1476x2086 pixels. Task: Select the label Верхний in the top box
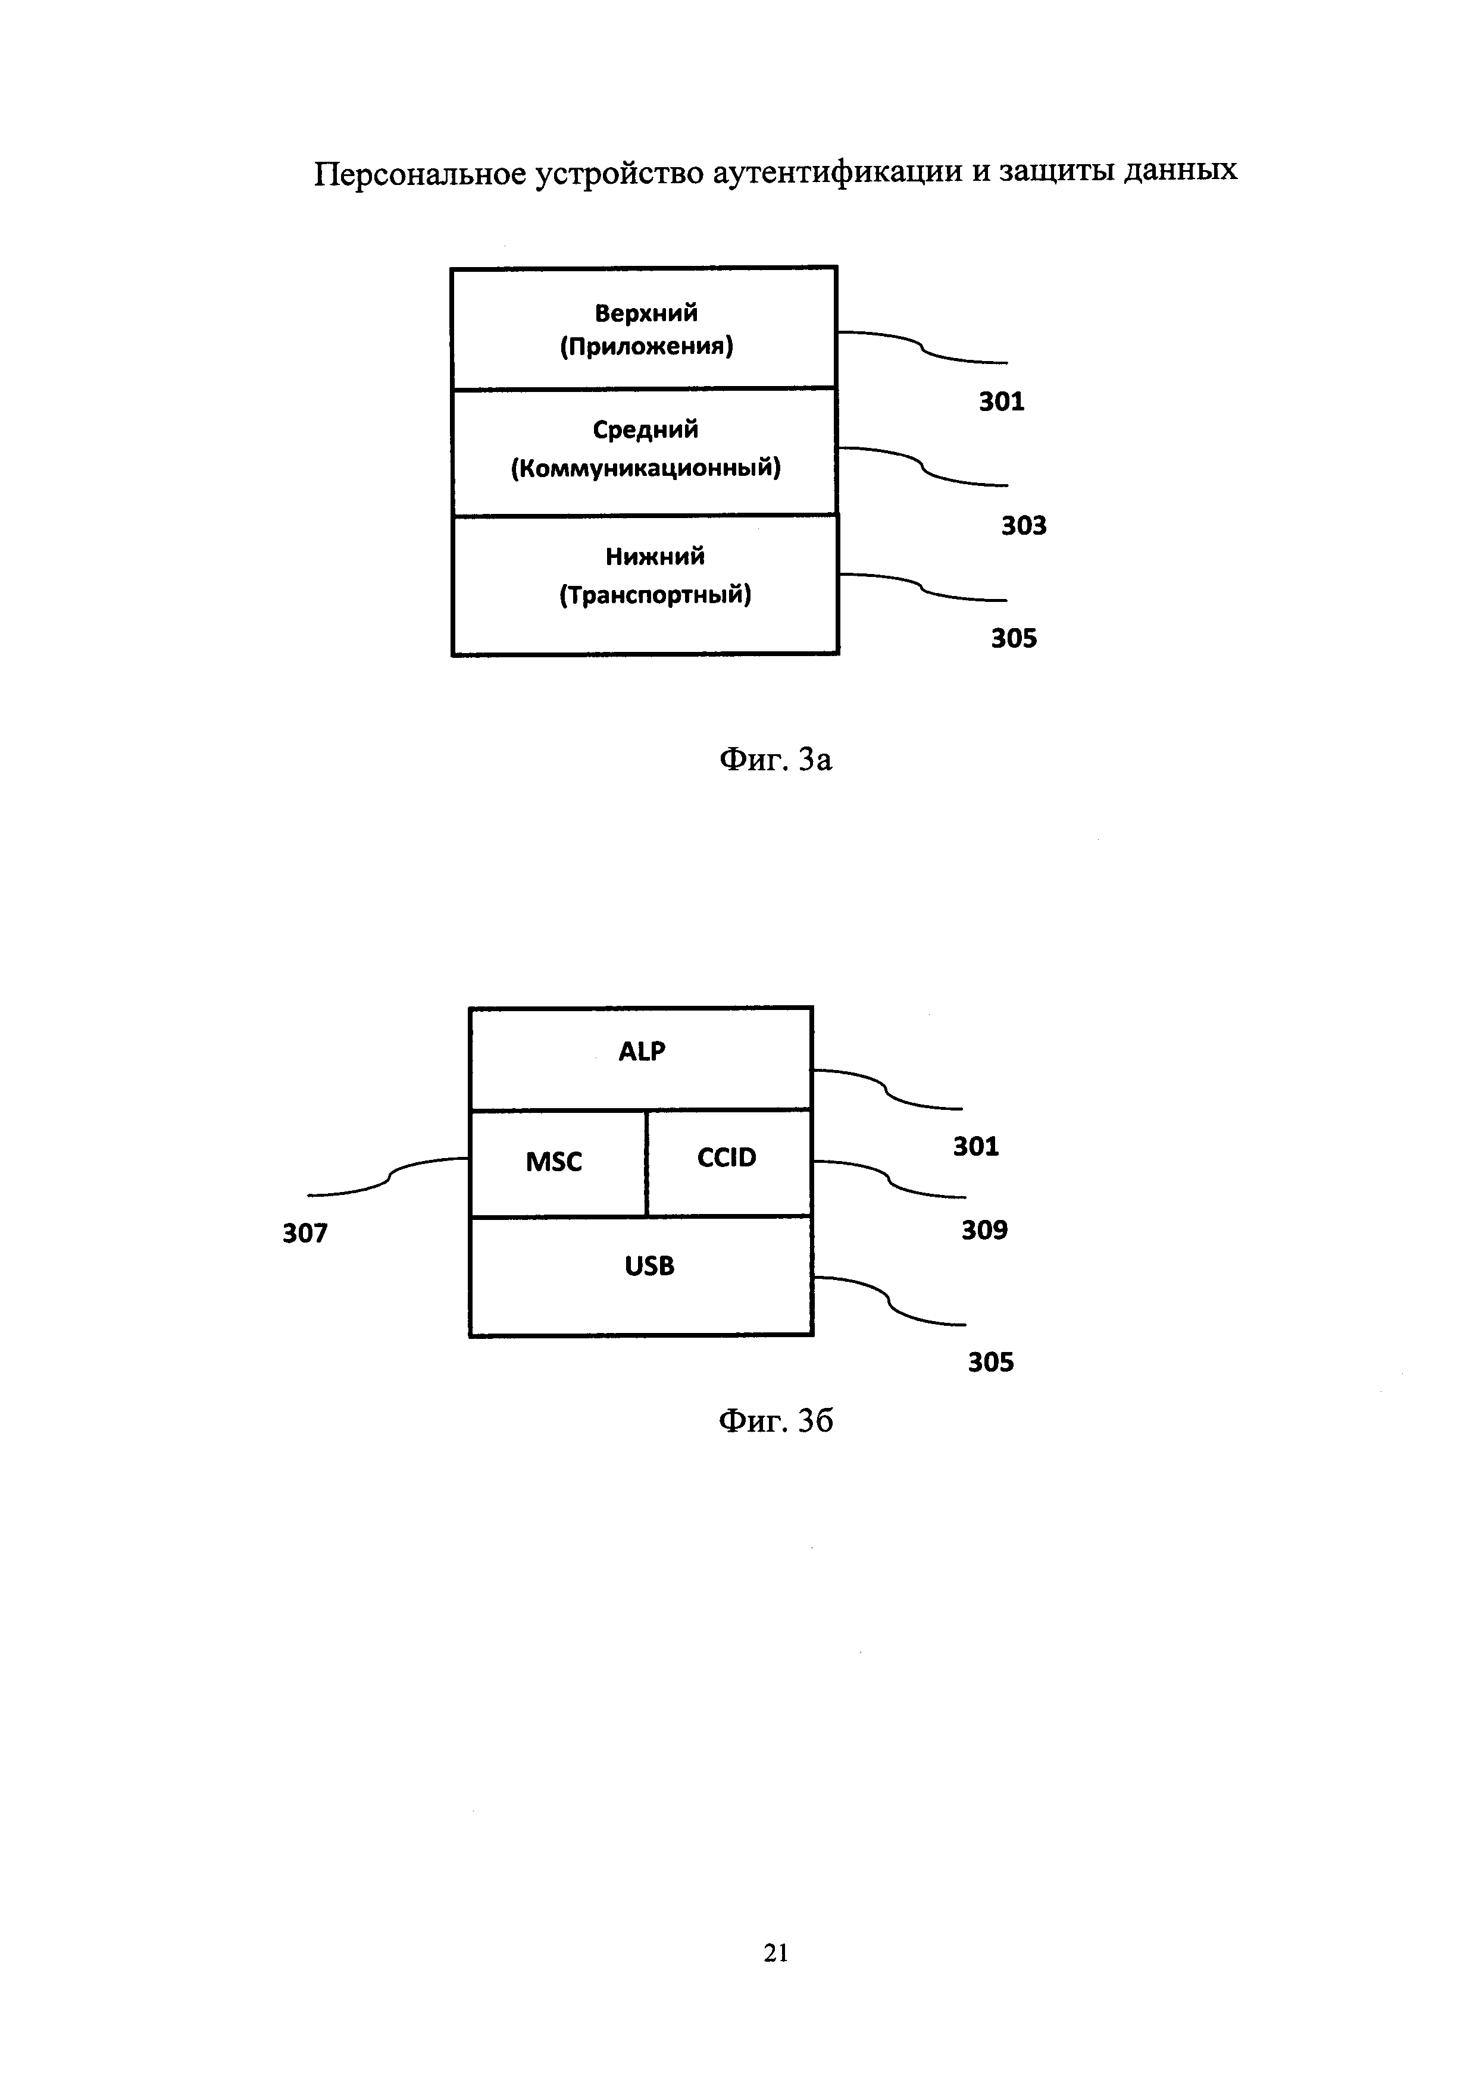[x=646, y=313]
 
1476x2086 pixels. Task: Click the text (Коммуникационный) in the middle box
[x=645, y=469]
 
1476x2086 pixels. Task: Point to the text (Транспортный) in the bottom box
[x=655, y=595]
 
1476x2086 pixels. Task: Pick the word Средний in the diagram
[x=645, y=429]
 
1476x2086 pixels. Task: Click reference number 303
[x=1024, y=526]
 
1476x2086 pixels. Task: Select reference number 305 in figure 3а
[x=1014, y=639]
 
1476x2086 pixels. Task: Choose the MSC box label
[x=553, y=1162]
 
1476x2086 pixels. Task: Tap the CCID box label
[x=726, y=1158]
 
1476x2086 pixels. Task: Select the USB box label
[x=649, y=1266]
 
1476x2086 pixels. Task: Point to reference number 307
[x=305, y=1234]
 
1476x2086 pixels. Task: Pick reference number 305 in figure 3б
[x=990, y=1362]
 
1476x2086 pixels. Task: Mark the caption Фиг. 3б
[x=775, y=1421]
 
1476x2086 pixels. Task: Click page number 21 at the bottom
[x=775, y=1953]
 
